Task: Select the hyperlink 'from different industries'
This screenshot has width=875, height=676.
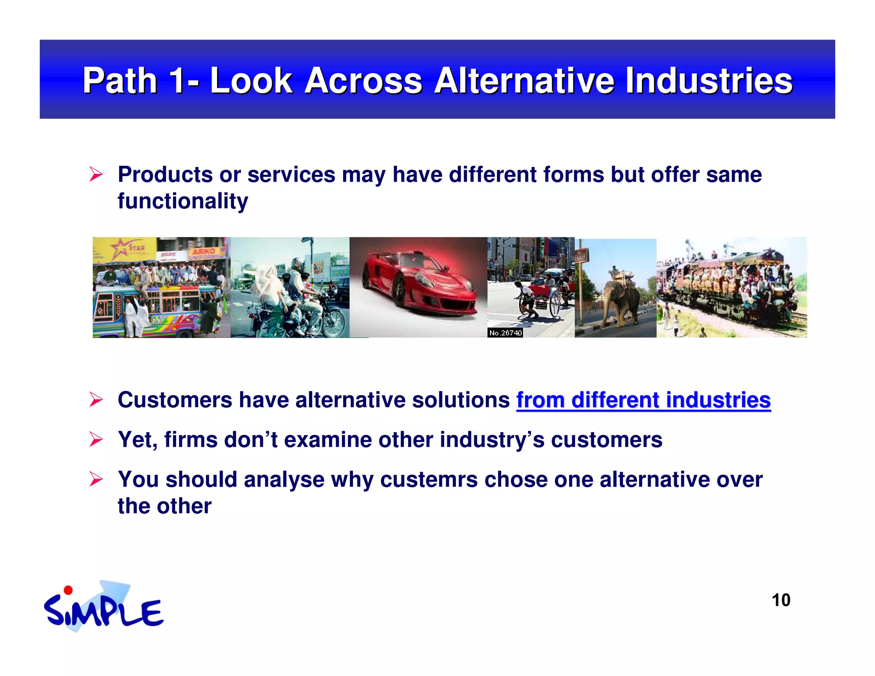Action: coord(643,400)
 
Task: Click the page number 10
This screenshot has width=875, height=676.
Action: coord(781,600)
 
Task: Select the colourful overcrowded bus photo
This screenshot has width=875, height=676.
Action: coord(161,287)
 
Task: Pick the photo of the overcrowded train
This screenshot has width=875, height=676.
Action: coord(731,287)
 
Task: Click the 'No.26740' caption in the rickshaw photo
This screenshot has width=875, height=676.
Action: coord(505,333)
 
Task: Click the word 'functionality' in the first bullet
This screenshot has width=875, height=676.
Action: coord(182,201)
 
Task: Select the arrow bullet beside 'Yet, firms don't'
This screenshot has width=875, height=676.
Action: coord(96,440)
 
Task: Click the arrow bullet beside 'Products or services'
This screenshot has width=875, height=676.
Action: coord(96,174)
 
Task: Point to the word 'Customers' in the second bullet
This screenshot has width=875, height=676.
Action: coord(175,400)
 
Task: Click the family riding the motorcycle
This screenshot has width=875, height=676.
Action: coord(295,295)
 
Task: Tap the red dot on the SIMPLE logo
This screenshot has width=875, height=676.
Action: coord(68,590)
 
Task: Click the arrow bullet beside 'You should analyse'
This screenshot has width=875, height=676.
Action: coord(96,479)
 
